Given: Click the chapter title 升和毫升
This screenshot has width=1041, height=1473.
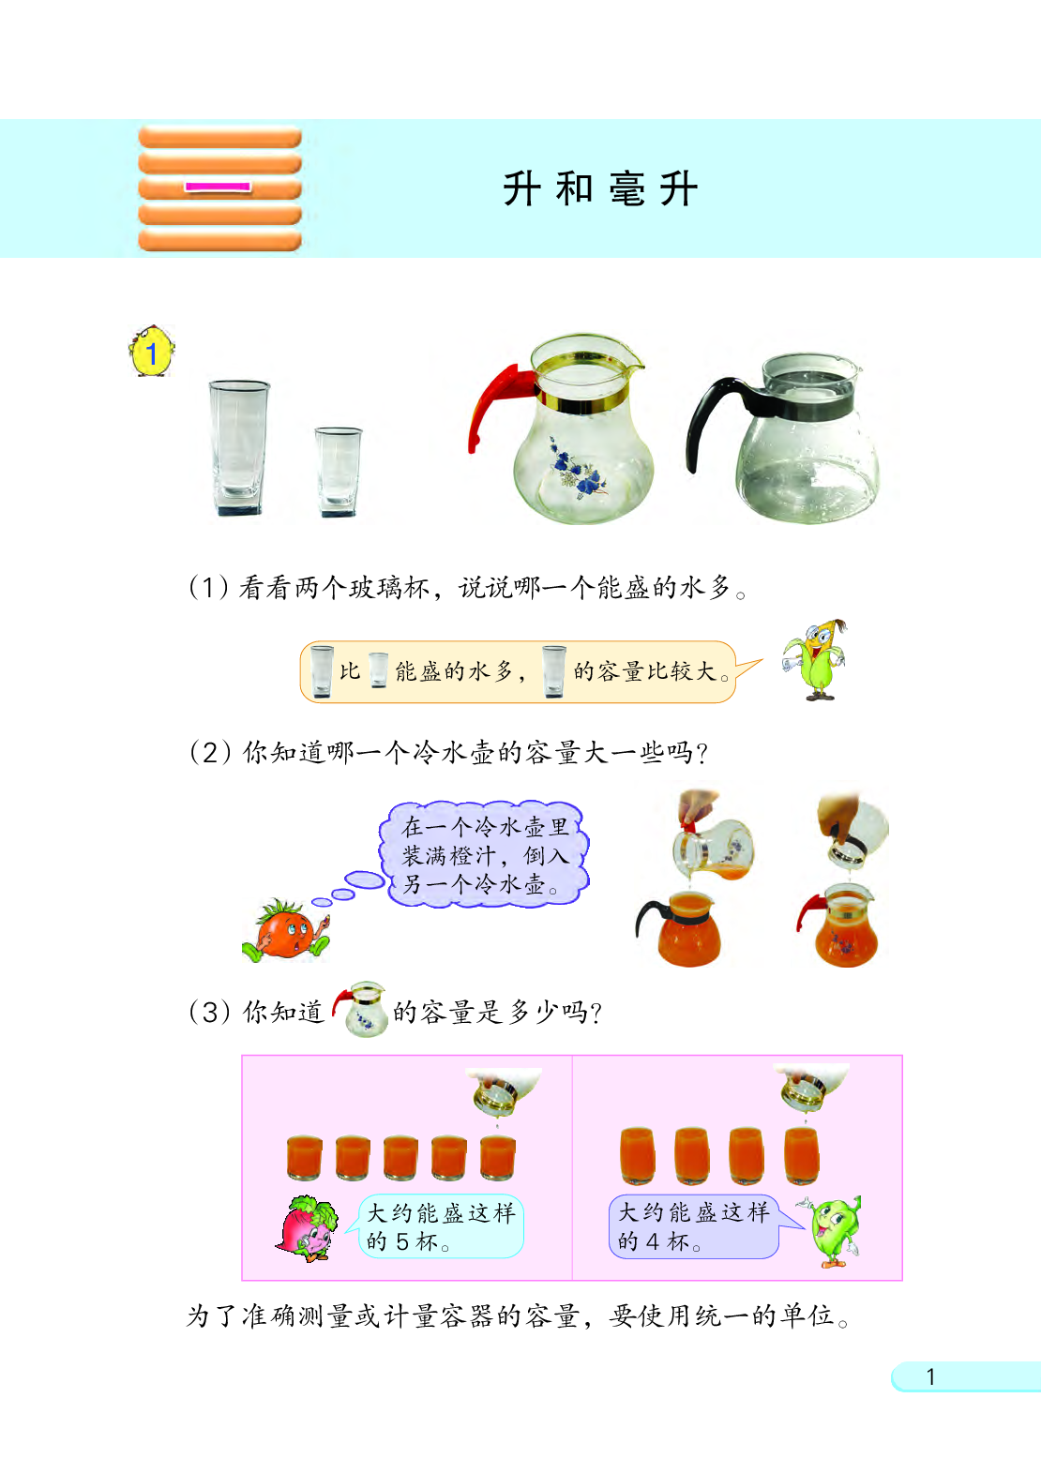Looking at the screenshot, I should (600, 189).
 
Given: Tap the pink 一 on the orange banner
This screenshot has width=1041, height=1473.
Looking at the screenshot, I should (218, 187).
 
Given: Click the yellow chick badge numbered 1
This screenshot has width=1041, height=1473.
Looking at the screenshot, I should (152, 353).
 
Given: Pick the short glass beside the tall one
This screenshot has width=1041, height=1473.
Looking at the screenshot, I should (338, 472).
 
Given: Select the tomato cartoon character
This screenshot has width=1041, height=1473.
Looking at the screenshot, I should (287, 930).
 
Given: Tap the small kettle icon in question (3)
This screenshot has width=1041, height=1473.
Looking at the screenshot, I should (360, 1009).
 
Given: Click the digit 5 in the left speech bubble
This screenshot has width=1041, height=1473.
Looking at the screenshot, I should (401, 1242).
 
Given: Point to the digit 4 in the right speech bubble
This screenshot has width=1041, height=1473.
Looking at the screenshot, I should (653, 1242).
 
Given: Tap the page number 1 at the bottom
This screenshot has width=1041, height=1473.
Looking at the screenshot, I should (930, 1376).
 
